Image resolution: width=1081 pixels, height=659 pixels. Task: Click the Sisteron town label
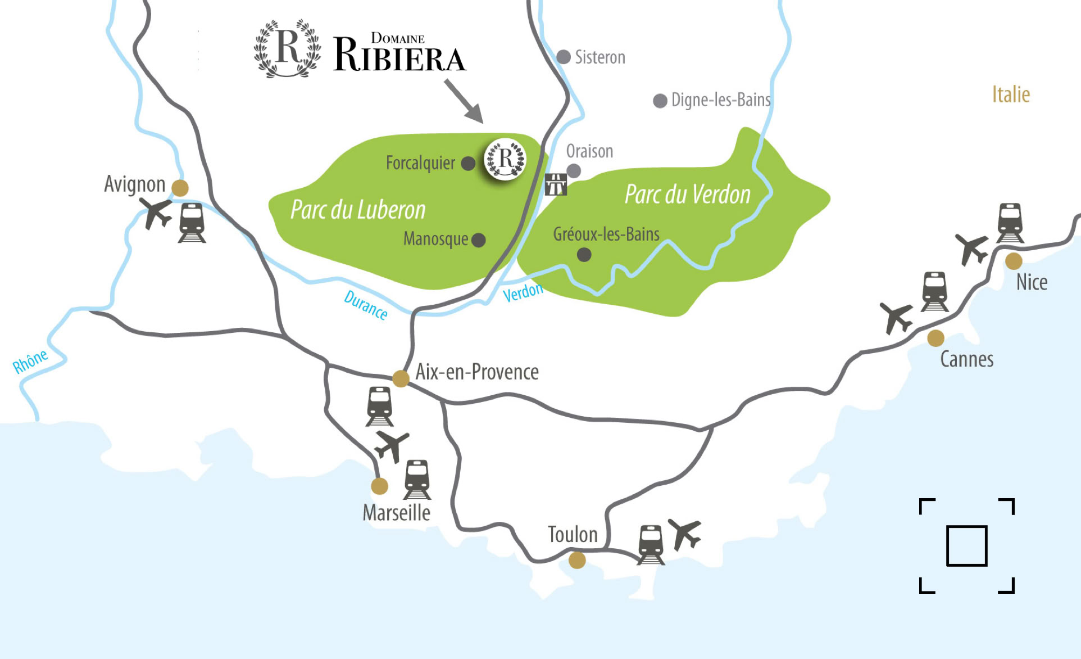point(599,57)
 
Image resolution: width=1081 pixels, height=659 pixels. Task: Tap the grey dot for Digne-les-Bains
point(660,101)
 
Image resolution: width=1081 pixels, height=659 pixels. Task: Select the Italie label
point(1011,94)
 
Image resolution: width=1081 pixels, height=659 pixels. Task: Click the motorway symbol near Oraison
point(556,184)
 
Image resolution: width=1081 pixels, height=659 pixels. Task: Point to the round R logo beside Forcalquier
point(505,159)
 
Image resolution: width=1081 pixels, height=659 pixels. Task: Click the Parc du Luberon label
point(358,210)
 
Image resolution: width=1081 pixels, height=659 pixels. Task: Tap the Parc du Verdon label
point(687,195)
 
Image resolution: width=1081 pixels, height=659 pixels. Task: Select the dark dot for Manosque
point(479,240)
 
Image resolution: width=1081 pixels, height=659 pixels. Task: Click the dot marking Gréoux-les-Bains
point(584,255)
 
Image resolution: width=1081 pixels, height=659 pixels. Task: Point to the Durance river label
point(366,305)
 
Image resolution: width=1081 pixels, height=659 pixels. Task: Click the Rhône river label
point(30,362)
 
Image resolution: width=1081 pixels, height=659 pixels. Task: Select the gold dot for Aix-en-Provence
point(401,378)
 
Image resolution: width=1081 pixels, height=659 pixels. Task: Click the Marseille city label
point(397,513)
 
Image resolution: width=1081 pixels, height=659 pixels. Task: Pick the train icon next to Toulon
point(651,544)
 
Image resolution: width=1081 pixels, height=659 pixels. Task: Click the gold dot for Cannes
point(935,338)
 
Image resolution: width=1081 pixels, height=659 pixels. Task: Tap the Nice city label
point(1032,282)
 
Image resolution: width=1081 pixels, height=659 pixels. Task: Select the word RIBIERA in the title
point(399,56)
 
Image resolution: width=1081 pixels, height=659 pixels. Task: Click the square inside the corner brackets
point(966,545)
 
